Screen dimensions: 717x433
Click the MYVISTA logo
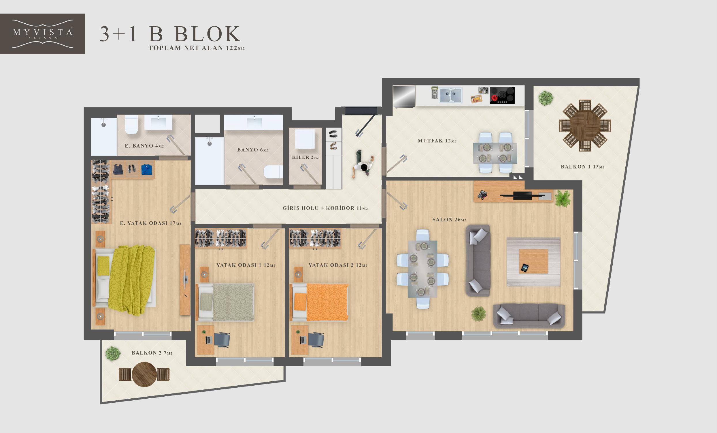click(x=42, y=34)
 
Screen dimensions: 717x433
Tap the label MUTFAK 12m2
click(x=437, y=141)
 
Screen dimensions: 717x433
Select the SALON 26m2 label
click(x=449, y=219)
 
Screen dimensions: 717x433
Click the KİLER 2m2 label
click(x=305, y=157)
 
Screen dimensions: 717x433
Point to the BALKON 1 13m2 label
click(x=583, y=167)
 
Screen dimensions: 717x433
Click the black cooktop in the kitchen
click(x=502, y=95)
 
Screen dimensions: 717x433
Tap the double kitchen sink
click(x=450, y=96)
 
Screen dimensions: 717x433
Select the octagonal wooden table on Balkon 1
click(x=585, y=126)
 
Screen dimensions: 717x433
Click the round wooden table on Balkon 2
click(x=144, y=374)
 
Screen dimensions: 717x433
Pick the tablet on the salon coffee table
click(x=524, y=268)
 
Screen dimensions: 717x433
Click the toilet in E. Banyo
click(x=131, y=124)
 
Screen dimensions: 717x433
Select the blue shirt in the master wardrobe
click(x=147, y=169)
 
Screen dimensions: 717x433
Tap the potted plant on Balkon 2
click(x=113, y=354)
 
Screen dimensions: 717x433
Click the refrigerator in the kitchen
click(x=404, y=96)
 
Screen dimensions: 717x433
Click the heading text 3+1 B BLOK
click(x=171, y=34)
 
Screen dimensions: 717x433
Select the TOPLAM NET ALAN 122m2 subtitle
click(x=197, y=48)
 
